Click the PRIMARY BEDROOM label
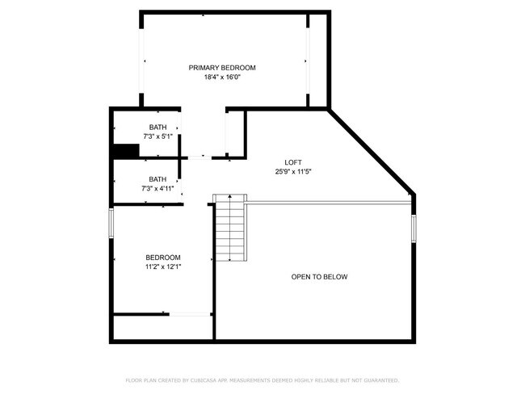[222, 67]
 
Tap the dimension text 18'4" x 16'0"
[222, 78]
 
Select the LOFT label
[282, 161]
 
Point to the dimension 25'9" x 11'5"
[282, 171]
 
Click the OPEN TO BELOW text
[319, 277]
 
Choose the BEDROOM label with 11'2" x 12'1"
[162, 257]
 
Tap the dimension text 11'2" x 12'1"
[162, 266]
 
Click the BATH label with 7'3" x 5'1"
[157, 127]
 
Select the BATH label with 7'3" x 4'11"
[157, 178]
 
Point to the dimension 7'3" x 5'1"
[157, 136]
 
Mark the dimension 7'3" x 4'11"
[157, 188]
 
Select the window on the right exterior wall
[414, 228]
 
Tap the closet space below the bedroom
[162, 327]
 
